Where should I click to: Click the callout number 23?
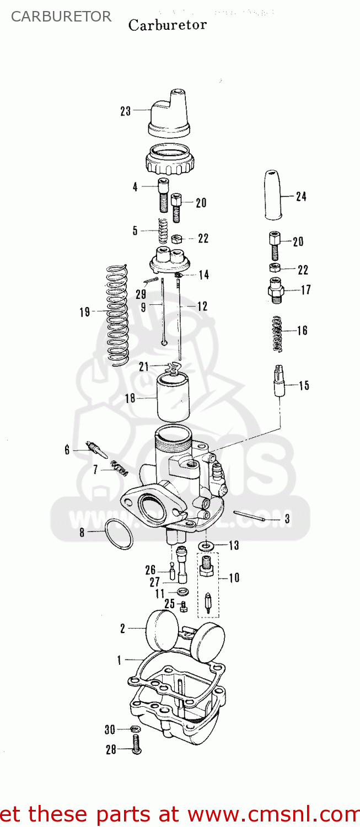[126, 111]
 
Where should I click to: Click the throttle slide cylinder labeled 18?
[174, 398]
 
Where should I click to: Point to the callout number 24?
[301, 196]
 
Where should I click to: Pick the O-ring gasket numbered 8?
[119, 533]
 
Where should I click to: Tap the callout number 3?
[287, 519]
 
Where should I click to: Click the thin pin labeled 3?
[250, 515]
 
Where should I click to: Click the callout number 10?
[234, 578]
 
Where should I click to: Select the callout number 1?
[119, 659]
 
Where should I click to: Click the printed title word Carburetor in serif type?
[168, 25]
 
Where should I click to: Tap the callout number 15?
[304, 385]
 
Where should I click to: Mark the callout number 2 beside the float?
[123, 627]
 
